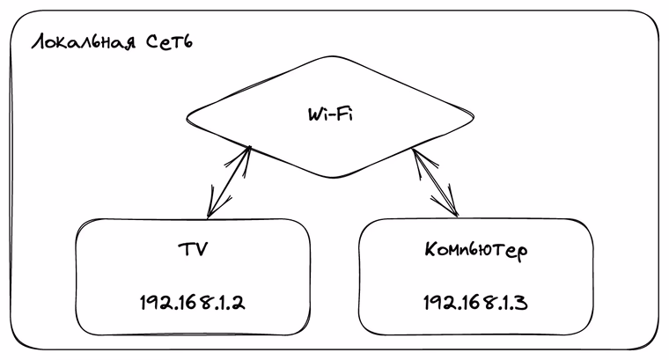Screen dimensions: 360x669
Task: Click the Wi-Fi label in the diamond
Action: point(330,114)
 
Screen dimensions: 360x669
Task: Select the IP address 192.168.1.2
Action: point(193,302)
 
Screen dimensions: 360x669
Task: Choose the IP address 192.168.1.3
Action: point(475,302)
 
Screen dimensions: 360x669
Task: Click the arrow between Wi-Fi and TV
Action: point(229,183)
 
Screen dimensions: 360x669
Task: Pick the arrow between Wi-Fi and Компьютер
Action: point(436,183)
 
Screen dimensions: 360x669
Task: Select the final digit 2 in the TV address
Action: point(239,302)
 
